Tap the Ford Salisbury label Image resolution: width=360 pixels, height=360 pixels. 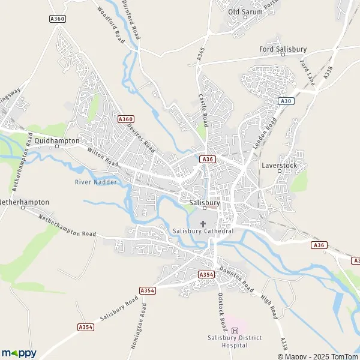tap(283, 49)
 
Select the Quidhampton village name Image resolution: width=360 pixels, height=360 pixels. tap(57, 140)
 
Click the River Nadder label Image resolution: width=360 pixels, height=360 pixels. tap(96, 182)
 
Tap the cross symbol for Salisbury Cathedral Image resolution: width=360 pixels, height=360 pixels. tap(203, 223)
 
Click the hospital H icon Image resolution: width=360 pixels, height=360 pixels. tap(235, 330)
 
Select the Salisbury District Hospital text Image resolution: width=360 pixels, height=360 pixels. tap(235, 341)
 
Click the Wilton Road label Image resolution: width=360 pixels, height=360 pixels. tap(103, 158)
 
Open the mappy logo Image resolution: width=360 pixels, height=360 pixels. tap(19, 353)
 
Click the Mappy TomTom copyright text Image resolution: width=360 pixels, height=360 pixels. tap(318, 355)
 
